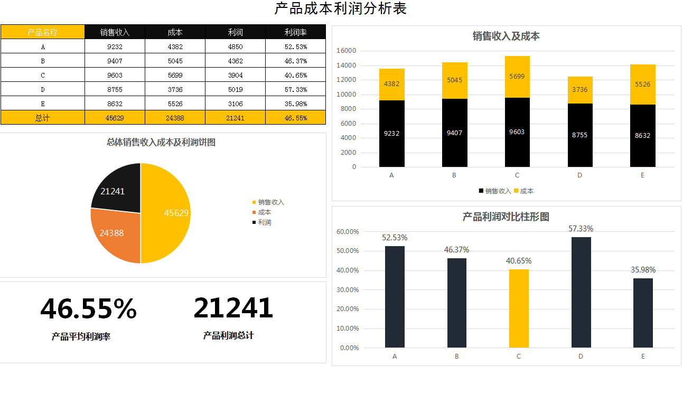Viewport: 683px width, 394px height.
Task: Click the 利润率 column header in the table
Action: click(x=295, y=32)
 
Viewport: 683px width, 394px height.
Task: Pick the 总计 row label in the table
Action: click(x=42, y=118)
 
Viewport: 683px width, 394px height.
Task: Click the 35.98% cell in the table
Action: click(x=295, y=104)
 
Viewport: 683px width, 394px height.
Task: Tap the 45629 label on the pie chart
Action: click(x=176, y=213)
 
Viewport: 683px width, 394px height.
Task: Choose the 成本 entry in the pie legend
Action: click(x=264, y=212)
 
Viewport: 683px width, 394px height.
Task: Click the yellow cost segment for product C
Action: click(x=517, y=77)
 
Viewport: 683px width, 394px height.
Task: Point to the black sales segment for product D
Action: click(x=579, y=135)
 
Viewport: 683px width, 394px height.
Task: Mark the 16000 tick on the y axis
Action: click(x=347, y=51)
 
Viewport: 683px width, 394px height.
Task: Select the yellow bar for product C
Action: click(x=519, y=308)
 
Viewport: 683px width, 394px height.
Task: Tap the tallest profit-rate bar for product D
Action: click(x=581, y=292)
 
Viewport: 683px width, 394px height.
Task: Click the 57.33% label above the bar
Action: click(x=581, y=229)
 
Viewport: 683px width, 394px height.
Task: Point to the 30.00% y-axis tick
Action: click(x=348, y=289)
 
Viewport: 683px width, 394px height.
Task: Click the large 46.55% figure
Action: click(x=88, y=309)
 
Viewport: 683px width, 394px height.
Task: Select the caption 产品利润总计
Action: click(x=228, y=335)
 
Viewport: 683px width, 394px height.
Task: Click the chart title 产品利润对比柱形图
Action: click(x=506, y=217)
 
